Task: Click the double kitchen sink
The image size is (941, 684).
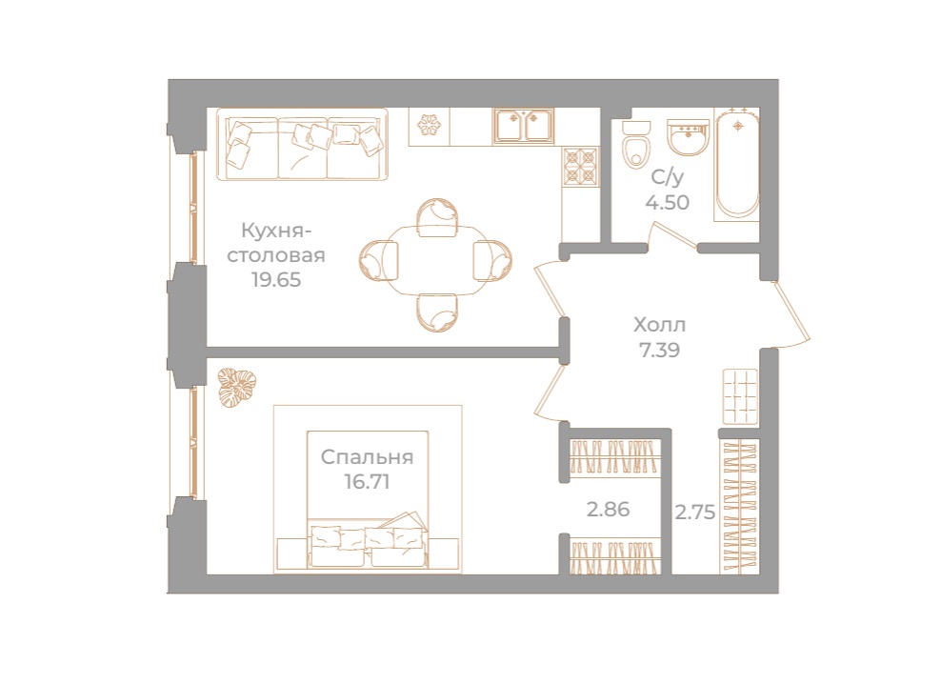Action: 524,127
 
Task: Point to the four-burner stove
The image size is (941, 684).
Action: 580,167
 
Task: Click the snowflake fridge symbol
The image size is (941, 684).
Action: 429,126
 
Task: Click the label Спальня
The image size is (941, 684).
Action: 367,457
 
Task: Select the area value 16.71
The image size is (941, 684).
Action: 367,481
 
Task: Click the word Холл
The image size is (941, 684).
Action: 659,325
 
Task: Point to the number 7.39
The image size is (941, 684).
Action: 659,349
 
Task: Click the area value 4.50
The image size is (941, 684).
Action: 666,201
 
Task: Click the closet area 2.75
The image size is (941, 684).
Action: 694,512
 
